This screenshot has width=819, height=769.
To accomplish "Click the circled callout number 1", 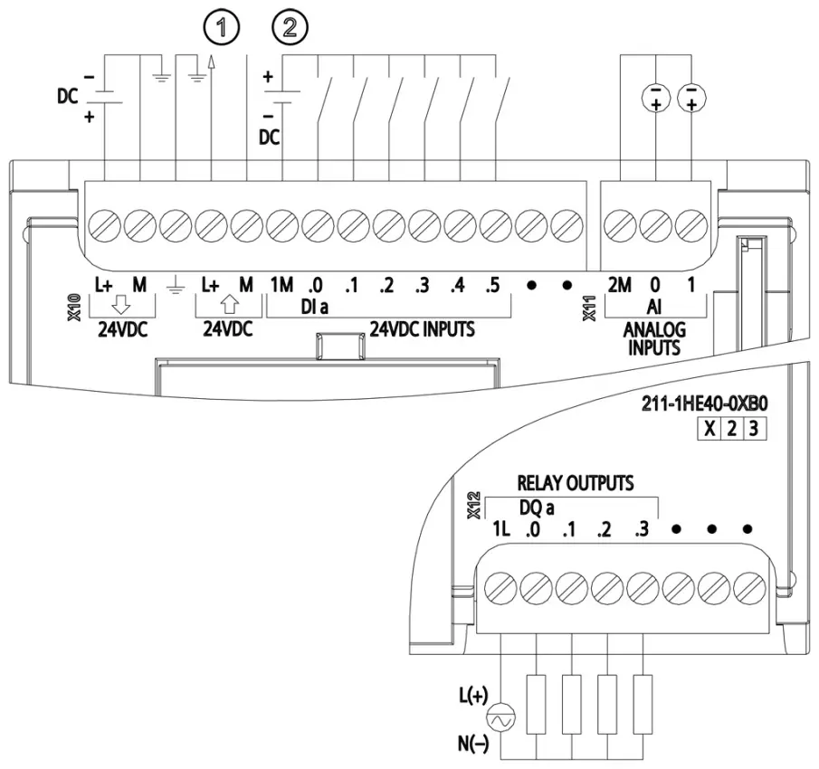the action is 222,28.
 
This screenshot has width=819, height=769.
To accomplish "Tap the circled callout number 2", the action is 290,28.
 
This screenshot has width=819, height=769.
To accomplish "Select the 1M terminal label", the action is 281,285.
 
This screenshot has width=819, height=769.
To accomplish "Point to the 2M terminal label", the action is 620,285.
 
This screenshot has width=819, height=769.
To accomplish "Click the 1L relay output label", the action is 501,529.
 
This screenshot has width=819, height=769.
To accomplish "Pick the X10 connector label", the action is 75,308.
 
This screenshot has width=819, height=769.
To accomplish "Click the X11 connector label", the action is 589,308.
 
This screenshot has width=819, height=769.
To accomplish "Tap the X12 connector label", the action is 473,506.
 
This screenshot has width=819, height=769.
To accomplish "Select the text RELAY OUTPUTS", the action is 575,483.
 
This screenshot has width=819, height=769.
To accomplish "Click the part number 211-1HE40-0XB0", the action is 705,404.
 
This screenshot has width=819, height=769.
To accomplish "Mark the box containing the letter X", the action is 709,429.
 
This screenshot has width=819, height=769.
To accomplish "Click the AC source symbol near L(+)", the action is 501,720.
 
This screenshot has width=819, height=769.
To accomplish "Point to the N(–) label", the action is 473,744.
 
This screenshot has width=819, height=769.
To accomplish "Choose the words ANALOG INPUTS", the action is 654,339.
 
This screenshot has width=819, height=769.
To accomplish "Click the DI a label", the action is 314,307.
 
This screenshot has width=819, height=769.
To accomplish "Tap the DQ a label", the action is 537,508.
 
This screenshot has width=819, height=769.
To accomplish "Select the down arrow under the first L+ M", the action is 121,304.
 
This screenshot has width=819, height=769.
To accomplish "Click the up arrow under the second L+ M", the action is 230,304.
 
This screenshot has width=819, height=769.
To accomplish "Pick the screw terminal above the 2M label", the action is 620,226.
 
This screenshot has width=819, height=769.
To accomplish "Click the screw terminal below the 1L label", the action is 501,588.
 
